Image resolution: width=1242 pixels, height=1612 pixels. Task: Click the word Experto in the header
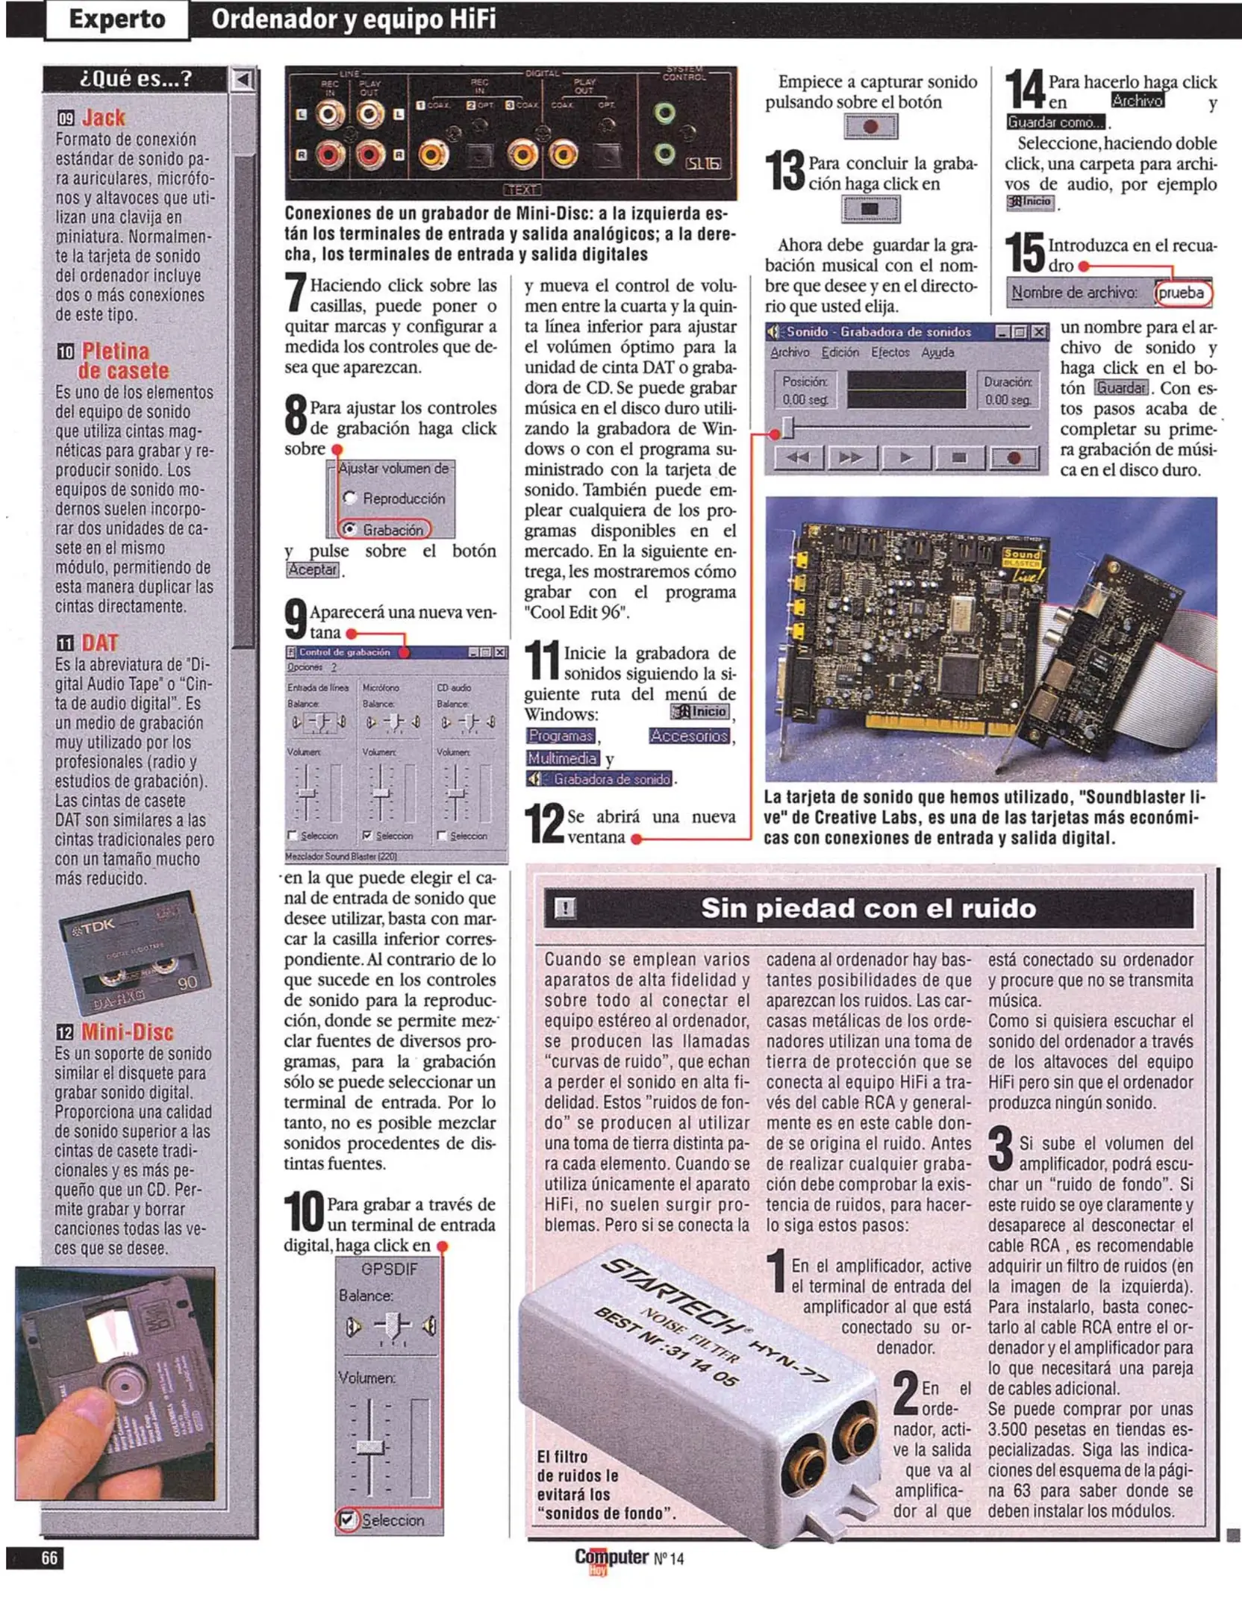pyautogui.click(x=116, y=19)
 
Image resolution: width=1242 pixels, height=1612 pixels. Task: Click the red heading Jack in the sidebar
pyautogui.click(x=103, y=118)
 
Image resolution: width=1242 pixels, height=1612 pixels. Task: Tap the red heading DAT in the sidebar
pyautogui.click(x=99, y=643)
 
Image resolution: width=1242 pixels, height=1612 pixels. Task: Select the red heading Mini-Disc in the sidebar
pyautogui.click(x=127, y=1032)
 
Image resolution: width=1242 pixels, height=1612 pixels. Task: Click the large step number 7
pyautogui.click(x=296, y=291)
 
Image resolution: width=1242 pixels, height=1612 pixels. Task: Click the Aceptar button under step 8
pyautogui.click(x=313, y=570)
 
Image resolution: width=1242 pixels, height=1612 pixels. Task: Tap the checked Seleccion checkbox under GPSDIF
pyautogui.click(x=346, y=1519)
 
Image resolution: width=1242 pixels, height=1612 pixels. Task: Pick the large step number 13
pyautogui.click(x=785, y=171)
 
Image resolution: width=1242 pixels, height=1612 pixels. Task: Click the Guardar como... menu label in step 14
pyautogui.click(x=1055, y=122)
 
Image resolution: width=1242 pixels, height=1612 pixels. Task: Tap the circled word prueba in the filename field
pyautogui.click(x=1181, y=293)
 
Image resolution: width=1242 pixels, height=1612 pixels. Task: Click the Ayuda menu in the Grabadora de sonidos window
pyautogui.click(x=937, y=352)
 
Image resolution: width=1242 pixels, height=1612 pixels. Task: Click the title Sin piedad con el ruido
pyautogui.click(x=868, y=908)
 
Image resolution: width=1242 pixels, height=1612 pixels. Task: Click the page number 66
pyautogui.click(x=49, y=1558)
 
